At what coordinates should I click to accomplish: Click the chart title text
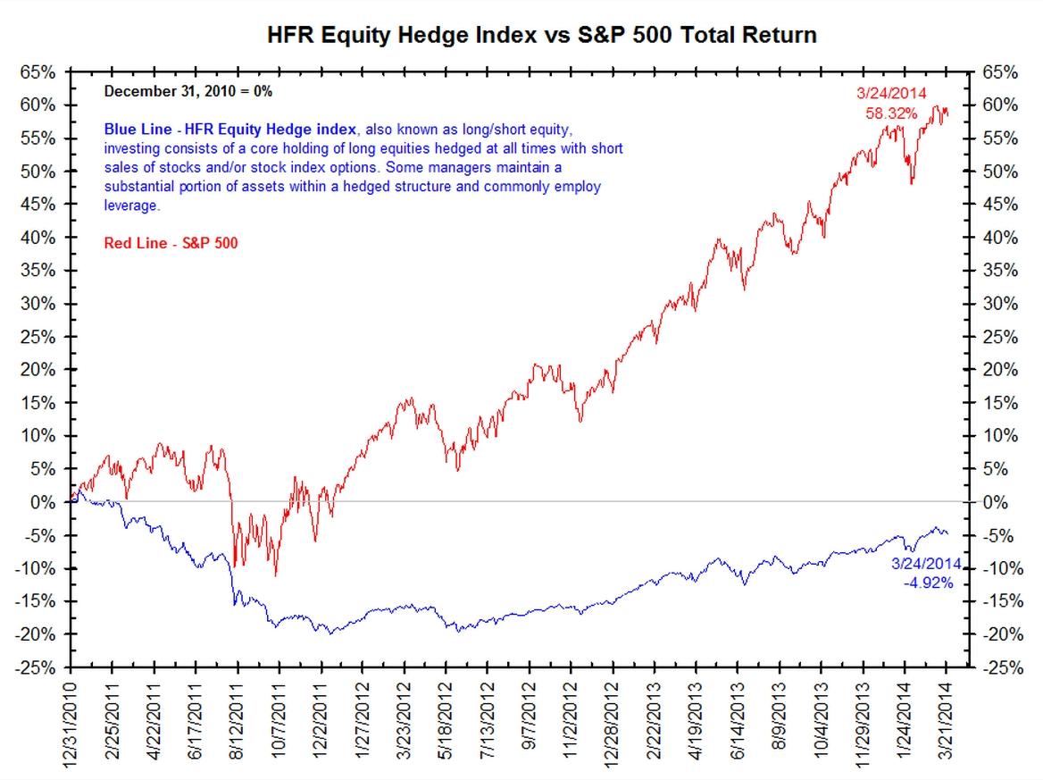(542, 36)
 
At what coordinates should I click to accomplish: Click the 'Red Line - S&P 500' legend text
(171, 243)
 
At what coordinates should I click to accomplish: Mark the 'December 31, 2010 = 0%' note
(188, 91)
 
